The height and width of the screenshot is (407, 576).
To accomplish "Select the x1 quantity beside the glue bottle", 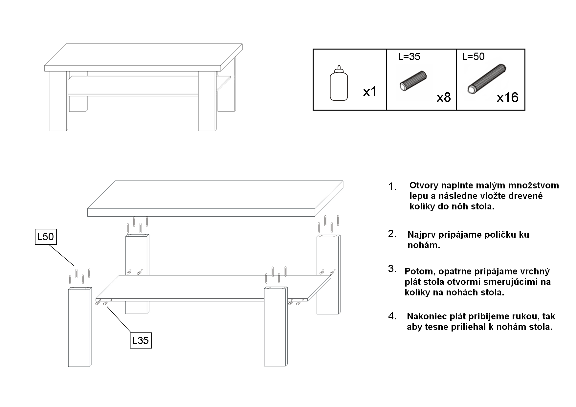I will (370, 92).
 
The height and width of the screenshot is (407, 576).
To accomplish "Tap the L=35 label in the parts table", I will (409, 57).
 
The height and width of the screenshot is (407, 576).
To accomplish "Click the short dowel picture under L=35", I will (413, 81).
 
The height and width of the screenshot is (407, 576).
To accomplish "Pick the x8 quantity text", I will (443, 97).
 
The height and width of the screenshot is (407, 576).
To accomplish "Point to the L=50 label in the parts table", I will (473, 57).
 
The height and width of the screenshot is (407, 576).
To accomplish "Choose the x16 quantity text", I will (507, 97).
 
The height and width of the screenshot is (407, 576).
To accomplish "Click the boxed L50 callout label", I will (46, 237).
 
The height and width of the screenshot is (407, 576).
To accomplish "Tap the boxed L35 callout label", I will (141, 341).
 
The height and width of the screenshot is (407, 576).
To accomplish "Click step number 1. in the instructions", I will (392, 187).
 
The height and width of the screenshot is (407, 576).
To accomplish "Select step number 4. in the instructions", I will (392, 316).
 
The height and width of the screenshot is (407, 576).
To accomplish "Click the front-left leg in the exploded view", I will (79, 328).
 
